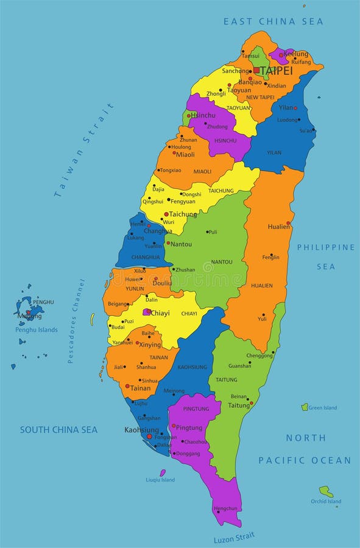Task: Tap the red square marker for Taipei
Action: pyautogui.click(x=256, y=71)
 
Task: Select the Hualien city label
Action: pyautogui.click(x=278, y=227)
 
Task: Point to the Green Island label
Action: pyautogui.click(x=322, y=408)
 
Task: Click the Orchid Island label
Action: pyautogui.click(x=326, y=502)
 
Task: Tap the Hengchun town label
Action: pyautogui.click(x=225, y=508)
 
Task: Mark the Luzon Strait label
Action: pyautogui.click(x=235, y=538)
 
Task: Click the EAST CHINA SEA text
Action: pyautogui.click(x=273, y=21)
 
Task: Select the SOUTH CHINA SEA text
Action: pyautogui.click(x=58, y=430)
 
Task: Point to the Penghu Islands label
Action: pyautogui.click(x=37, y=330)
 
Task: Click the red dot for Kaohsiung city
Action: pyautogui.click(x=149, y=436)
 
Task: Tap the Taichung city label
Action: pyautogui.click(x=183, y=214)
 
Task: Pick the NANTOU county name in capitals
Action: pyautogui.click(x=221, y=262)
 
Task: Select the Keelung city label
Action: pyautogui.click(x=296, y=54)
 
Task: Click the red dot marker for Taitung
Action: pyautogui.click(x=252, y=402)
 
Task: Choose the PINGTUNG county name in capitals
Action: pyautogui.click(x=196, y=409)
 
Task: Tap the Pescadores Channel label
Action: pyautogui.click(x=77, y=321)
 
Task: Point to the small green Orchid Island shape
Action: pyautogui.click(x=326, y=491)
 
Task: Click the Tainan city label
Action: pyautogui.click(x=140, y=388)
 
